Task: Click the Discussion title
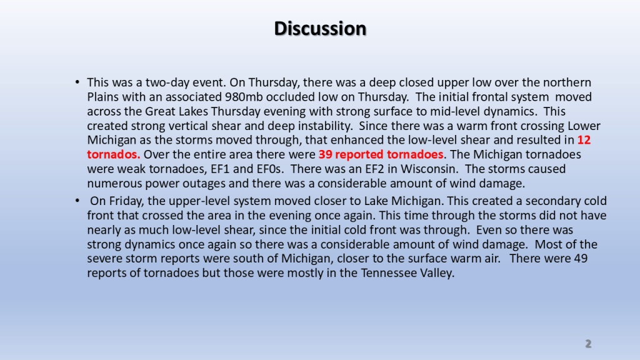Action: tap(320, 29)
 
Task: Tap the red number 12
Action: tap(584, 140)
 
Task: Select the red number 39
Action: tap(325, 154)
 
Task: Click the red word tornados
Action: tap(114, 154)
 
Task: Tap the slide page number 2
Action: tap(588, 344)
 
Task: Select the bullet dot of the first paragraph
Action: tap(77, 82)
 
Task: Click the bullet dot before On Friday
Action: tap(77, 201)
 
